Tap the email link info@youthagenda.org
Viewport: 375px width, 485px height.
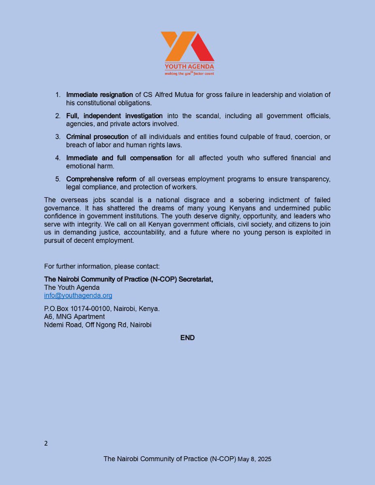pos(78,295)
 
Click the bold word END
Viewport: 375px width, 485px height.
pos(187,337)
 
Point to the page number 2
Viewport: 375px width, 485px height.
pos(46,443)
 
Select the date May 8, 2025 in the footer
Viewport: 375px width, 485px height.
pos(254,459)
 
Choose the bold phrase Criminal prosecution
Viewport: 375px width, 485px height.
pos(97,137)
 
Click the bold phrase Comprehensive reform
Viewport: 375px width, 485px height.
pos(101,179)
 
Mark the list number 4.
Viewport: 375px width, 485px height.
pos(58,158)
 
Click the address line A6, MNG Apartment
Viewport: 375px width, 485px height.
pos(74,316)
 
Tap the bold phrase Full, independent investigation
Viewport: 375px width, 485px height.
pos(114,116)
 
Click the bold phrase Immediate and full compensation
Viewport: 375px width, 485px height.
pos(119,158)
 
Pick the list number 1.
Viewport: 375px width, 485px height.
pos(58,95)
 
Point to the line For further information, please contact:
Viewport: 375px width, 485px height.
pos(102,266)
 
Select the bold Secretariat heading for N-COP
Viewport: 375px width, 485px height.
pos(128,279)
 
